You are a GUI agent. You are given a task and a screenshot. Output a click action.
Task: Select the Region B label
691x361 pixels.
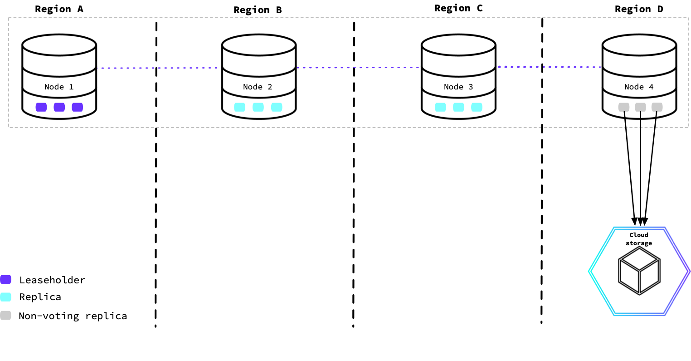pos(258,10)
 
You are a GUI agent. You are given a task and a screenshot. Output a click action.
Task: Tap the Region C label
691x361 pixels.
pos(458,8)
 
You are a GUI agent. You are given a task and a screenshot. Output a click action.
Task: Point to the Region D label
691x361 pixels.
pos(639,9)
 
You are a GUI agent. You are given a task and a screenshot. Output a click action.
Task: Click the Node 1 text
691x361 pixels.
pos(59,87)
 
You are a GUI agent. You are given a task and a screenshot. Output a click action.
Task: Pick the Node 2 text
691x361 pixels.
pos(258,87)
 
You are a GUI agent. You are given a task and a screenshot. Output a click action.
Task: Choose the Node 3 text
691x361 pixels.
pos(458,87)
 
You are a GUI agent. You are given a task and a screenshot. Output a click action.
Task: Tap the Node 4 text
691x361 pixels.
pos(639,87)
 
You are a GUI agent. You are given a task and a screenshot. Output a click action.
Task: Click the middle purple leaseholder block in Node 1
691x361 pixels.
pos(59,107)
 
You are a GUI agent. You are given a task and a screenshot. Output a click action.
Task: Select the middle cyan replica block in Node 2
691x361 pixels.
pos(258,107)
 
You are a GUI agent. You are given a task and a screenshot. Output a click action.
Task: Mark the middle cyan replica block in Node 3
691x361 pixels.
pos(458,107)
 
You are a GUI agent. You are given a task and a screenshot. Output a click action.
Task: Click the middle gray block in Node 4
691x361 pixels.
pos(640,107)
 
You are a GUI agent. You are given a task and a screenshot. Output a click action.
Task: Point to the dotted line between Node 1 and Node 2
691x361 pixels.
pos(159,68)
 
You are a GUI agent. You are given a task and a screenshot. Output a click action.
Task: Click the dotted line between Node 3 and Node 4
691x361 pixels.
pos(549,67)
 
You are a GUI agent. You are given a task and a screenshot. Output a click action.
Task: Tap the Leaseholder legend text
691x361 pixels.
pos(52,280)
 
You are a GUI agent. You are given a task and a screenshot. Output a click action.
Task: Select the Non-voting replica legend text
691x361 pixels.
pos(73,316)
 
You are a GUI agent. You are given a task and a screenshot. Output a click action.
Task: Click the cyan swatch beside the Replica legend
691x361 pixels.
pos(5,297)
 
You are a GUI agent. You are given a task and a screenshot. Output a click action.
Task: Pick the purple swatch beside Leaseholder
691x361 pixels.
pos(5,279)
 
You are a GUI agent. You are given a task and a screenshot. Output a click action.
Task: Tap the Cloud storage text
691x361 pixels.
pos(639,239)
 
